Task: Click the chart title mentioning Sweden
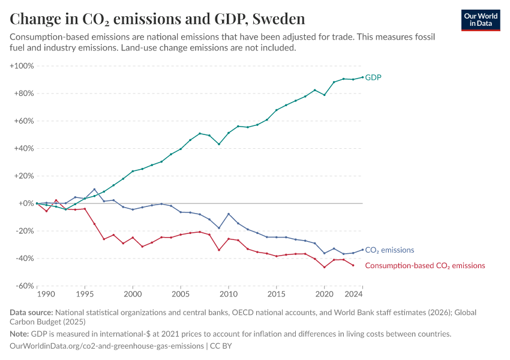[x=157, y=19]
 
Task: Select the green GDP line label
[x=373, y=77]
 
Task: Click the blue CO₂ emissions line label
[x=389, y=250]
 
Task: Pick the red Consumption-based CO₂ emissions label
[x=425, y=265]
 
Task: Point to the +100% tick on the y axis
[x=22, y=65]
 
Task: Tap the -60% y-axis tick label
[x=23, y=286]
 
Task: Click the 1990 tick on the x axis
[x=45, y=295]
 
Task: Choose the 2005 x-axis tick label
[x=181, y=295]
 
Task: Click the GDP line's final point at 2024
[x=362, y=77]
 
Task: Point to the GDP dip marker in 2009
[x=219, y=144]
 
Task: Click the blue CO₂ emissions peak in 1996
[x=94, y=189]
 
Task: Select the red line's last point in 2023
[x=353, y=265]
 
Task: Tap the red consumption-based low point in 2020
[x=325, y=267]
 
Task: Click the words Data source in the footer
[x=31, y=312]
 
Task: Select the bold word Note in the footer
[x=20, y=334]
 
